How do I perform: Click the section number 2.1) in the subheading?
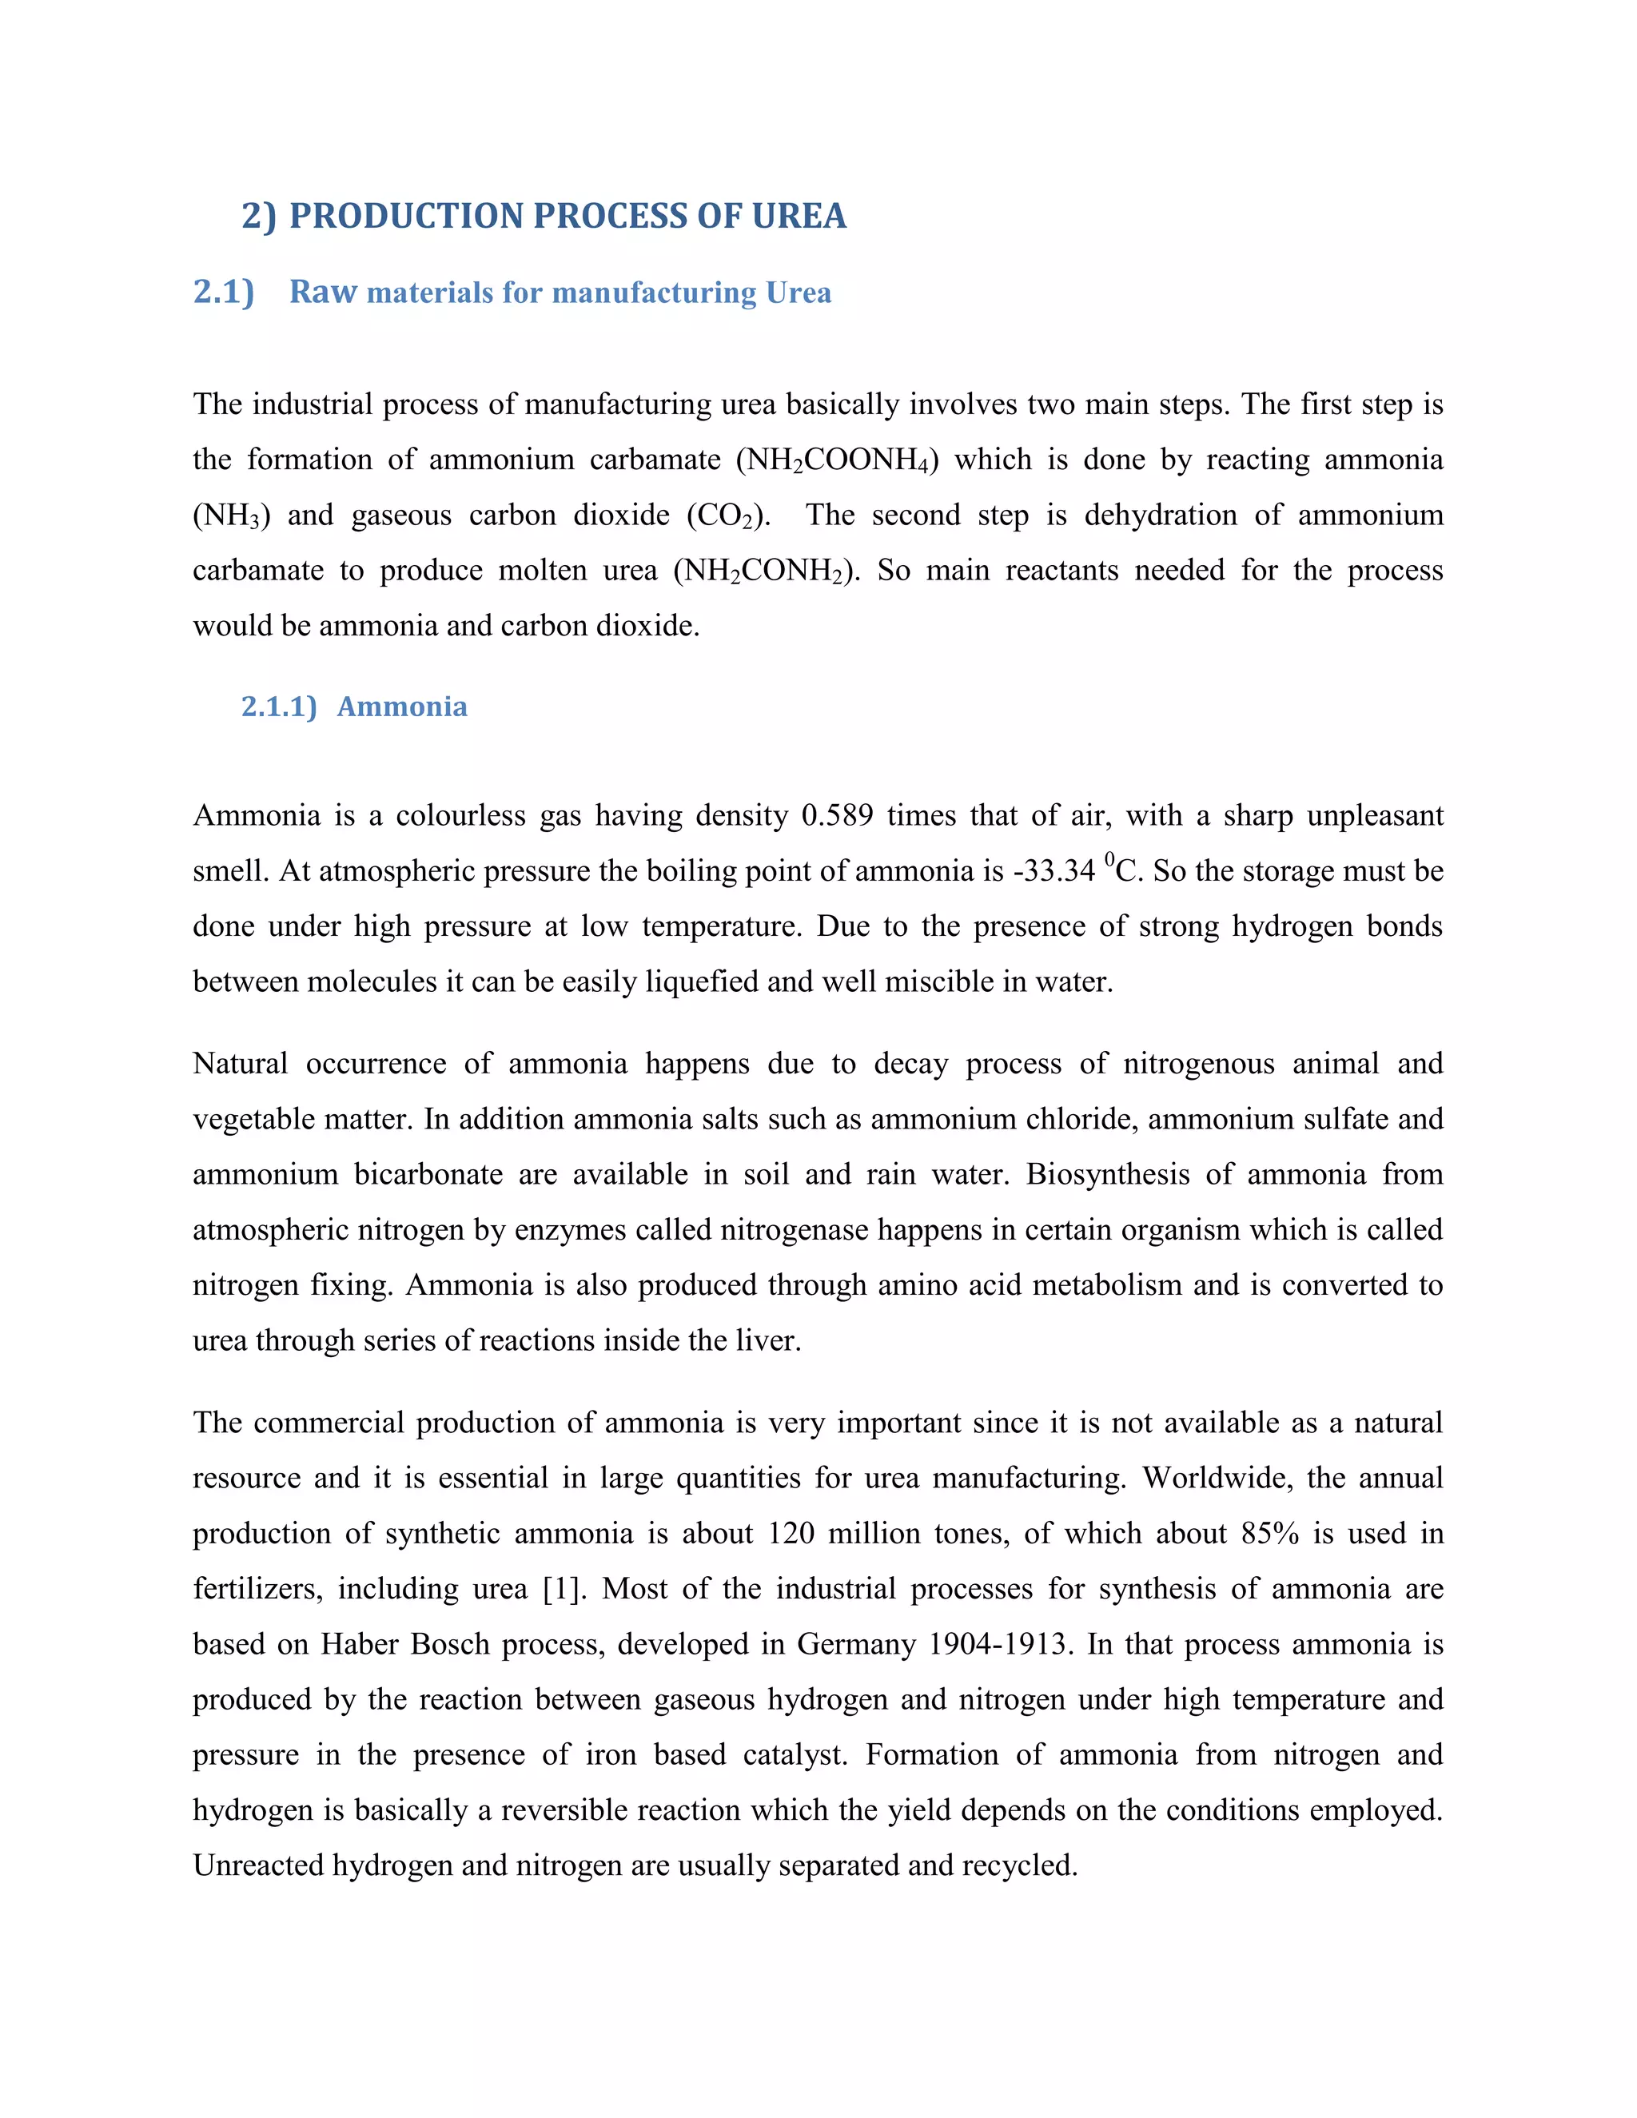[224, 292]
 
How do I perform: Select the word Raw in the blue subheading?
[323, 292]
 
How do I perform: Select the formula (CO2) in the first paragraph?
[728, 515]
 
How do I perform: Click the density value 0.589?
[837, 815]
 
